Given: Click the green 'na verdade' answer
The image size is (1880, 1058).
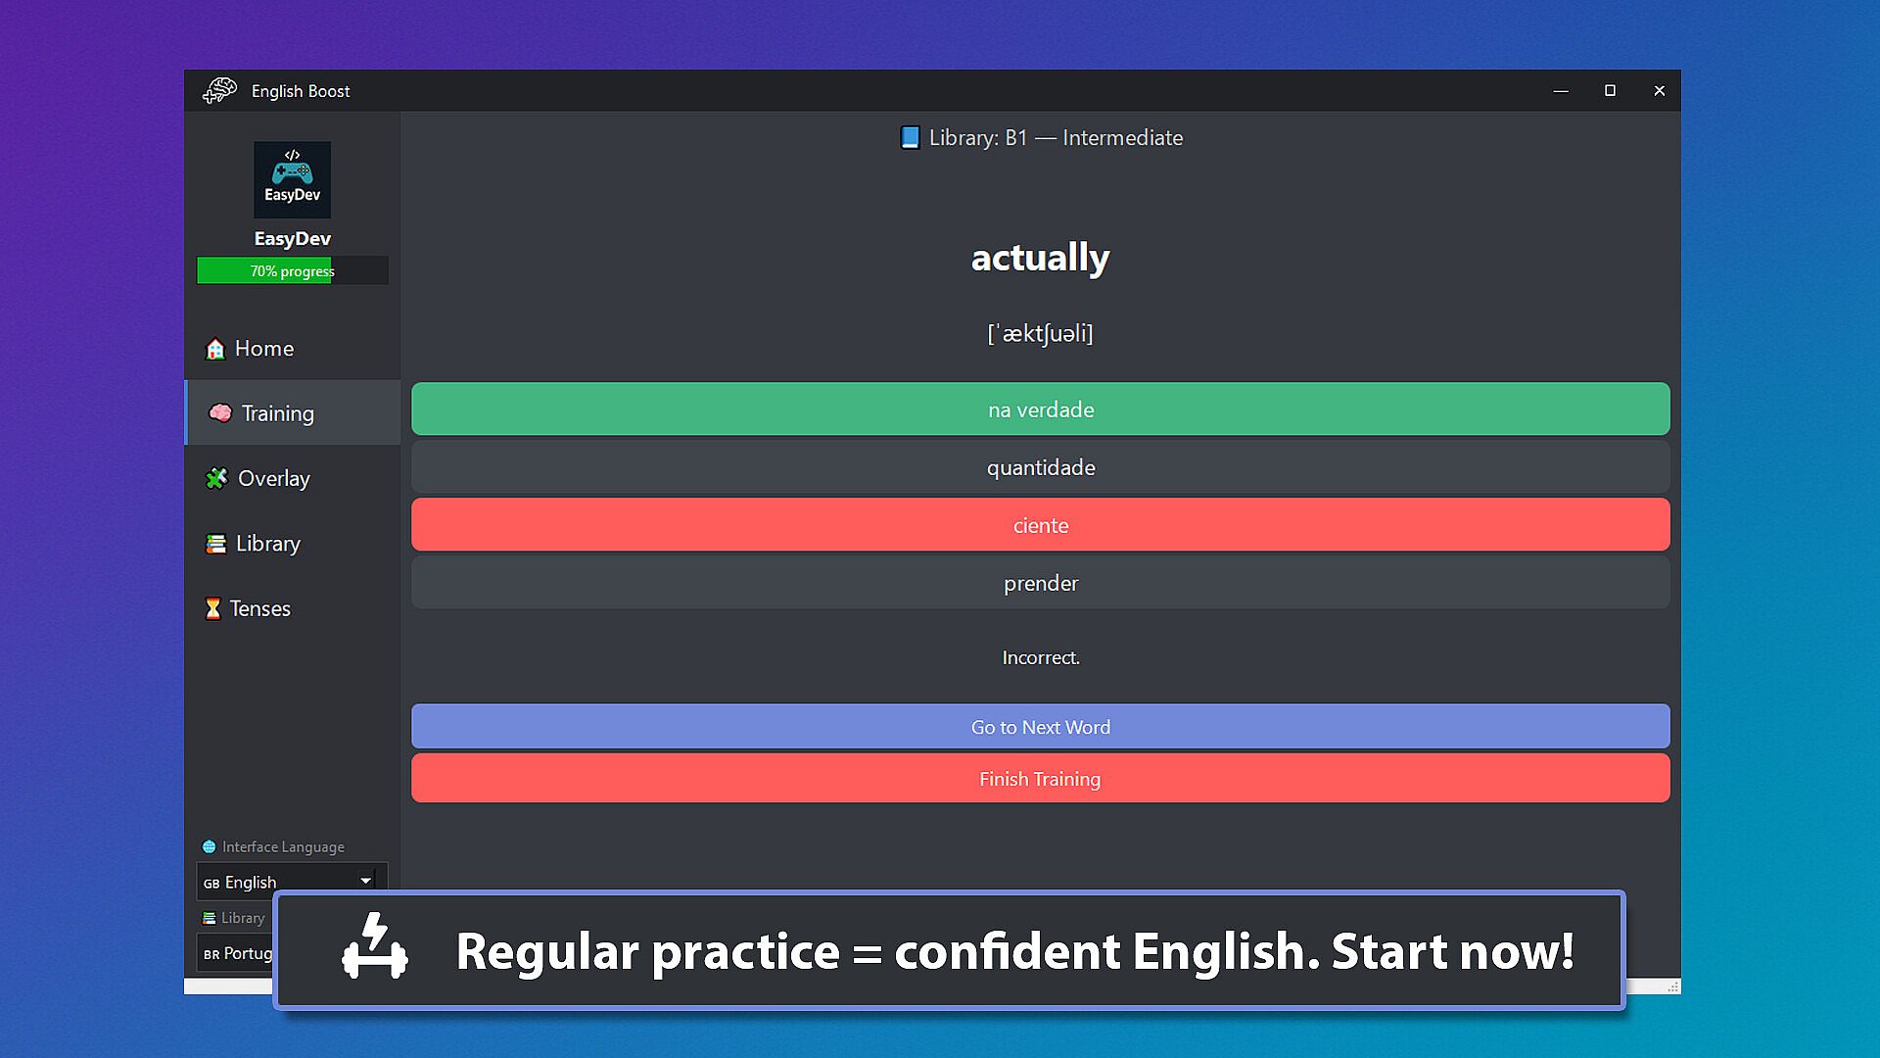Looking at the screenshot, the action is [x=1040, y=409].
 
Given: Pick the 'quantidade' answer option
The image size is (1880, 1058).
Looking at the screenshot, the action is [x=1040, y=467].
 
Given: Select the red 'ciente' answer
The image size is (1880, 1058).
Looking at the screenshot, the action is [x=1040, y=525].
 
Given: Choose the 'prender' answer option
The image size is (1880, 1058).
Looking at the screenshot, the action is [x=1040, y=583].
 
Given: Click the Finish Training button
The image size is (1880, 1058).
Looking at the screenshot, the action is [x=1040, y=779].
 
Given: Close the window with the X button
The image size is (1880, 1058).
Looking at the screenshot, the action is [x=1659, y=91].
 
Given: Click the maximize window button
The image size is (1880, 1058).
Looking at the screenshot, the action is [x=1610, y=91].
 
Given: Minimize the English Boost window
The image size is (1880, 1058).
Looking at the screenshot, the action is [x=1561, y=91].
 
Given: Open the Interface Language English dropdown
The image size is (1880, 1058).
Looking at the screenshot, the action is [x=292, y=881].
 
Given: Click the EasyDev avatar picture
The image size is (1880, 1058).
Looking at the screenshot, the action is [x=292, y=179].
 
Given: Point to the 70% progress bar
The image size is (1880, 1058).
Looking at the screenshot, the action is [x=292, y=270].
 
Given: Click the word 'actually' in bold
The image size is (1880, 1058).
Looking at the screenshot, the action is [x=1040, y=258].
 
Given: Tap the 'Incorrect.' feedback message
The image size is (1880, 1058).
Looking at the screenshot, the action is [x=1041, y=657].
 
